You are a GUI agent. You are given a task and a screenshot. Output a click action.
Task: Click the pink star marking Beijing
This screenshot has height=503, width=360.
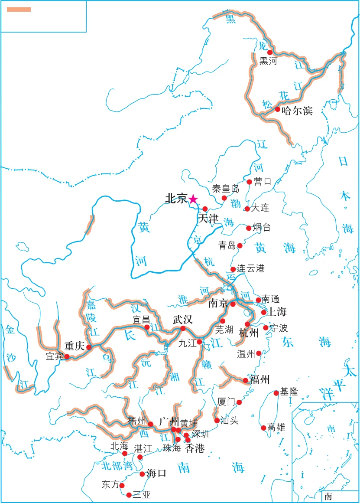click(x=193, y=199)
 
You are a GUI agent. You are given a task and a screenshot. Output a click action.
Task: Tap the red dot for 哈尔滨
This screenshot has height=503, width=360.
click(x=278, y=109)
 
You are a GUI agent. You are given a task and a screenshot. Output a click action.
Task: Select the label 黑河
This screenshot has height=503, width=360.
click(x=268, y=61)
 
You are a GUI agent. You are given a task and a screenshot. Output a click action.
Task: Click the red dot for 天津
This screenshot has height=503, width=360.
click(x=205, y=209)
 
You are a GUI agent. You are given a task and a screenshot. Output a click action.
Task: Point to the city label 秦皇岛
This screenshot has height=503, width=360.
click(x=225, y=189)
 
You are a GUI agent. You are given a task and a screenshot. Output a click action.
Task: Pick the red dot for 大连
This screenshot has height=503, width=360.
click(x=247, y=209)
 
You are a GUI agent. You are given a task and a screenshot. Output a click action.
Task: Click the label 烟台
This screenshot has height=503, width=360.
click(x=261, y=228)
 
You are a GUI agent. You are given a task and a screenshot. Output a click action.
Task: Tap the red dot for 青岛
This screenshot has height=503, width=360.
click(x=240, y=245)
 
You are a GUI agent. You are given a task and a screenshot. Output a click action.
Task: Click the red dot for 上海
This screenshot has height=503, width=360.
click(x=264, y=312)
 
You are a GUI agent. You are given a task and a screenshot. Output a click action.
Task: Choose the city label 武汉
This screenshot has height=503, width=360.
click(x=182, y=320)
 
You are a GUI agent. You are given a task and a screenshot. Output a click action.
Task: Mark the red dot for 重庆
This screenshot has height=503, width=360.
click(x=89, y=347)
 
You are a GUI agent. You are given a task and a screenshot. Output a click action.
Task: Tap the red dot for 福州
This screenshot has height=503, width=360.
click(x=246, y=380)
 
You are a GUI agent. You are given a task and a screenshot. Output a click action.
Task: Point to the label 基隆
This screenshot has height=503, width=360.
click(x=289, y=392)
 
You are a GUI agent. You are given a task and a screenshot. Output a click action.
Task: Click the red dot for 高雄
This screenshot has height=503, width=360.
click(x=263, y=428)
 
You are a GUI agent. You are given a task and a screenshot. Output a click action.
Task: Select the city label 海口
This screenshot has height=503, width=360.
click(x=156, y=473)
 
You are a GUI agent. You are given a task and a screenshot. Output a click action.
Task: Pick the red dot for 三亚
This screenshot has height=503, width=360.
click(x=129, y=494)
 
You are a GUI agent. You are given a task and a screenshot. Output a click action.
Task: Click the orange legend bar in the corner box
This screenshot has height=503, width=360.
click(x=19, y=9)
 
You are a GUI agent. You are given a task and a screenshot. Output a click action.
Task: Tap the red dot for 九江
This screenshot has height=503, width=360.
click(x=199, y=342)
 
